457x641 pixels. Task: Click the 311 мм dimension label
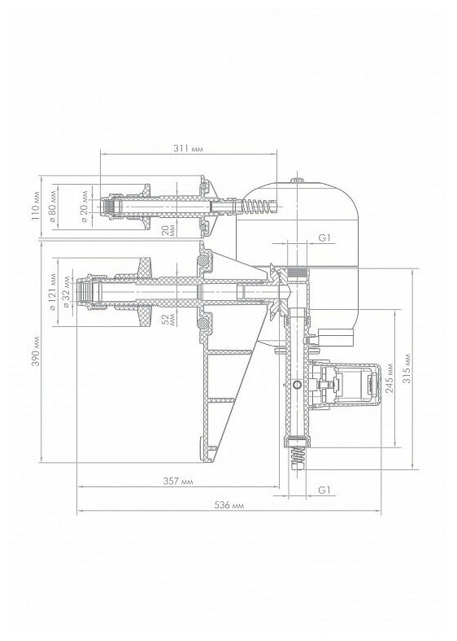(x=188, y=148)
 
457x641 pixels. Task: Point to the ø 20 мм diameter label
(x=85, y=206)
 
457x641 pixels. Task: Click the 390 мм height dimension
(x=36, y=351)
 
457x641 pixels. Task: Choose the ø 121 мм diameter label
(x=52, y=292)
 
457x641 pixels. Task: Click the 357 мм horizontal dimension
(x=178, y=482)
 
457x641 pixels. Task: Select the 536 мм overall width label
(x=229, y=505)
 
